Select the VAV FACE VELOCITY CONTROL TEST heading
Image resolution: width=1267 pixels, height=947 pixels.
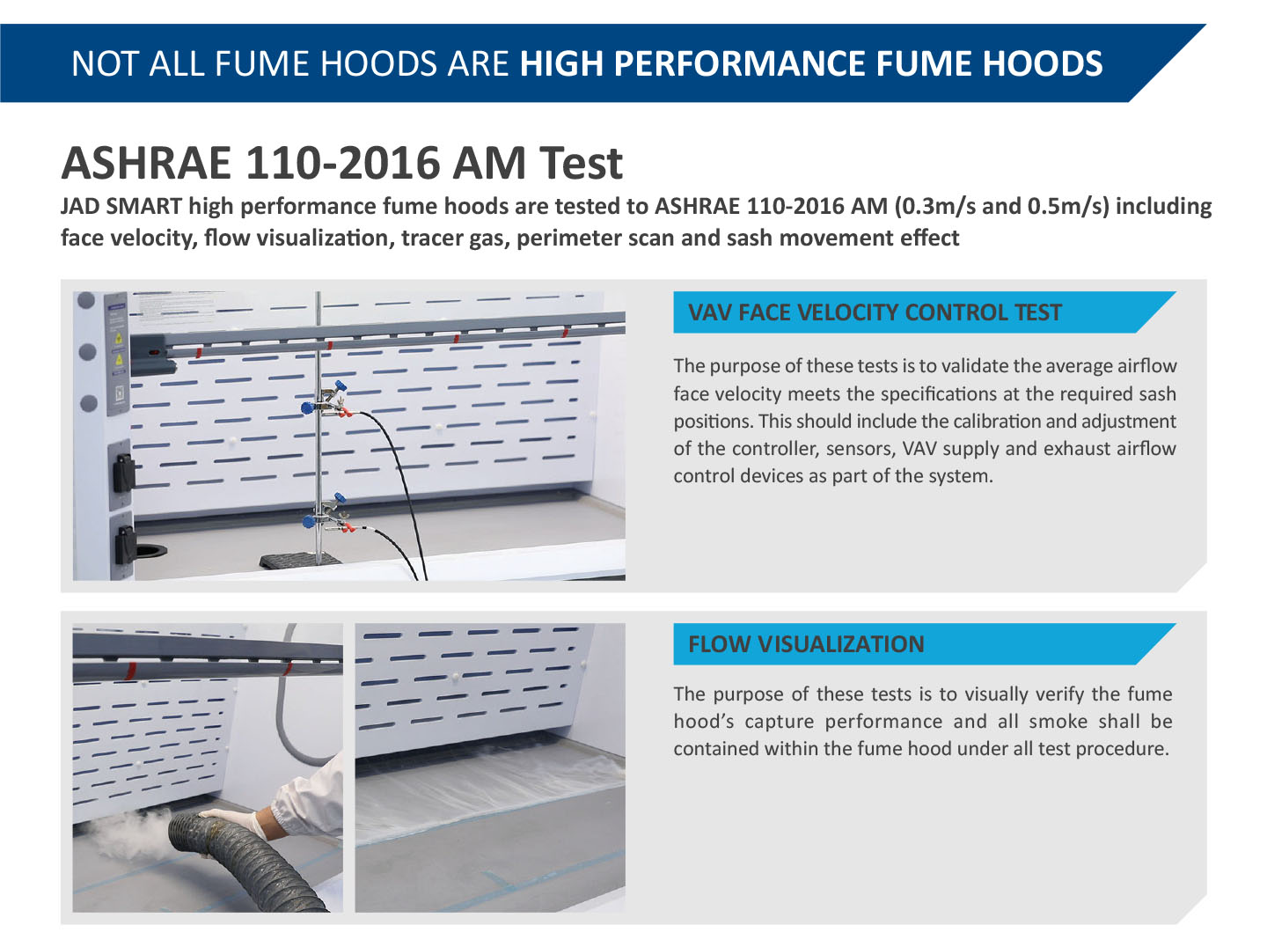pos(875,312)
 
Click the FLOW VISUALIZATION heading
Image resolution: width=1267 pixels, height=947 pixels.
pos(806,644)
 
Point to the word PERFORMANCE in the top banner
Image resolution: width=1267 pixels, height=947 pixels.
pos(740,63)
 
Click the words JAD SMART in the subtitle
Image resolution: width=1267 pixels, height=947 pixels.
pos(121,206)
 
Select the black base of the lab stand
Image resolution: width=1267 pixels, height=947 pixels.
pos(300,560)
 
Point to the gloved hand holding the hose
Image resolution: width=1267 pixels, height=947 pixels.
pos(237,819)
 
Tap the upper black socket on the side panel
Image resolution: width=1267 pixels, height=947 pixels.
pos(123,473)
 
